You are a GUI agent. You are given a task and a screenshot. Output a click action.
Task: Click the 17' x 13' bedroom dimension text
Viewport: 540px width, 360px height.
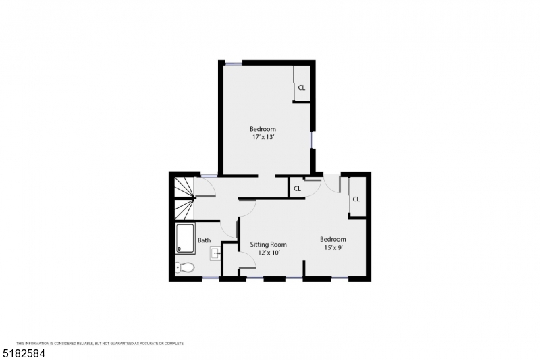point(263,137)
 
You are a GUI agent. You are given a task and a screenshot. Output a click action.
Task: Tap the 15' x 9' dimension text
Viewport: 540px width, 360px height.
point(333,248)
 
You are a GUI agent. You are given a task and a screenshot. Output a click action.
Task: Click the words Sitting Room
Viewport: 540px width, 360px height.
point(269,245)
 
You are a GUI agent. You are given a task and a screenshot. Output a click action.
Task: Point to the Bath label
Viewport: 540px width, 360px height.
point(204,240)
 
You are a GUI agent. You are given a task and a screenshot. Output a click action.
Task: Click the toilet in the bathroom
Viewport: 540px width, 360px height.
point(185,268)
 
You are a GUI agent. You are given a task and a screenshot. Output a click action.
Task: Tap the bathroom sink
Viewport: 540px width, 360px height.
point(215,254)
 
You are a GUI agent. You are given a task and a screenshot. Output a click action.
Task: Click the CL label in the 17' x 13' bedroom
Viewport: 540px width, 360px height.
point(302,88)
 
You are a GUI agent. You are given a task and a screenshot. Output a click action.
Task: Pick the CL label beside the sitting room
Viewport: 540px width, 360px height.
point(297,189)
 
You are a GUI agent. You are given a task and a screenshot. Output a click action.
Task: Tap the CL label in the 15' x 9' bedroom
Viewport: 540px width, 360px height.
point(356,199)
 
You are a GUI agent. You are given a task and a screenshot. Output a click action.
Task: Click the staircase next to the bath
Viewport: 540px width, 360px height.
point(184,197)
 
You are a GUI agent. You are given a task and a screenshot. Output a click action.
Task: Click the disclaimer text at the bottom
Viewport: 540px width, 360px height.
point(100,343)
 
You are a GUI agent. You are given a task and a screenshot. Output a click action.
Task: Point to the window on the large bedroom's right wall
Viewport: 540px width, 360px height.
point(312,139)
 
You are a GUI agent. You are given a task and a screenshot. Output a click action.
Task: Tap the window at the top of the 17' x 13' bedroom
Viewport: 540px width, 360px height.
point(233,63)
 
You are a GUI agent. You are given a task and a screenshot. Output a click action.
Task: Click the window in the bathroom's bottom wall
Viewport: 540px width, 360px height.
point(211,278)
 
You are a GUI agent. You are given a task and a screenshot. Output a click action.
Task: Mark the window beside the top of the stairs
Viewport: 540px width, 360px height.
point(209,176)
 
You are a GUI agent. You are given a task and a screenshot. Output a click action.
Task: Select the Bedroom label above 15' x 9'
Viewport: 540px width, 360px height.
point(333,240)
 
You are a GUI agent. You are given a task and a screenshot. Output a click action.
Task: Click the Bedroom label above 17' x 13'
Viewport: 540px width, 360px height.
point(263,129)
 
